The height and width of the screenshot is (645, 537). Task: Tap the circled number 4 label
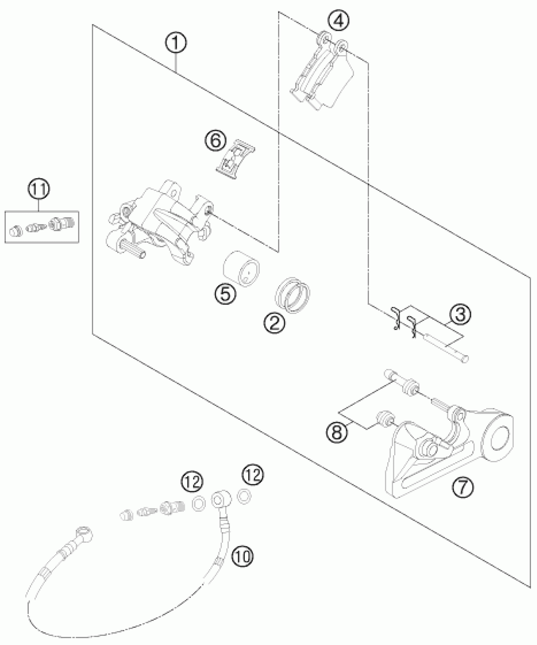(x=338, y=21)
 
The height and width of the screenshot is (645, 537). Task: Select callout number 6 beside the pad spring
(x=216, y=141)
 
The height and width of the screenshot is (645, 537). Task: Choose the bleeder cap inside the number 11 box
(x=16, y=232)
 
